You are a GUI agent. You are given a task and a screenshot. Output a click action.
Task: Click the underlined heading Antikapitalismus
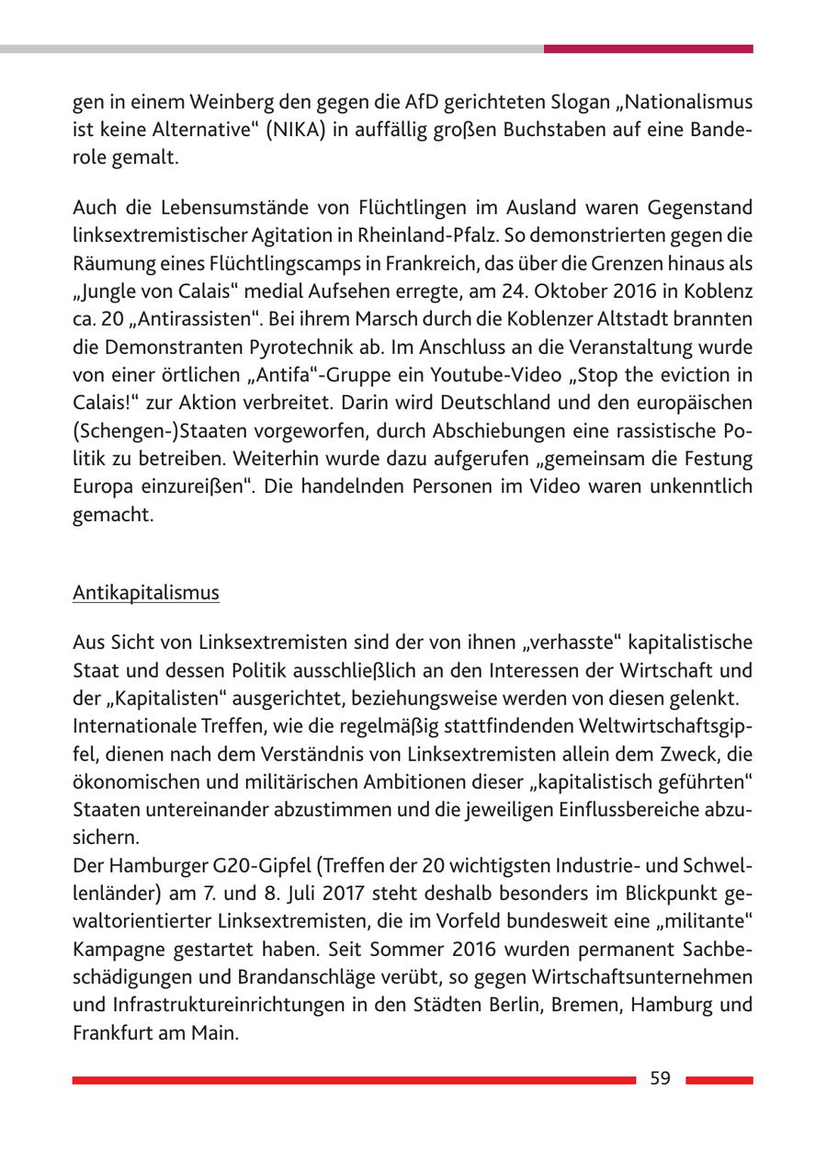(x=145, y=593)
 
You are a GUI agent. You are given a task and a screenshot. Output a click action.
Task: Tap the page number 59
(x=660, y=1079)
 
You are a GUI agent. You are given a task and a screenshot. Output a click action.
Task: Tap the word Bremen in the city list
(x=583, y=1005)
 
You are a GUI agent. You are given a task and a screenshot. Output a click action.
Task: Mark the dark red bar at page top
(x=648, y=49)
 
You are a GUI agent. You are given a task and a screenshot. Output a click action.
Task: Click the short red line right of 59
(x=719, y=1080)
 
